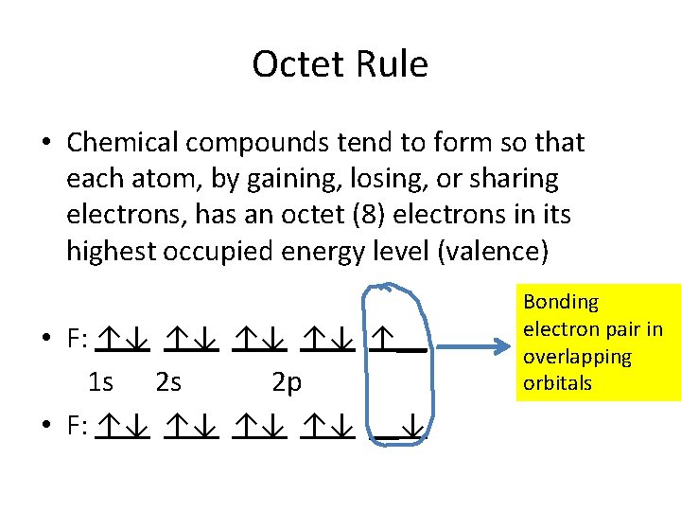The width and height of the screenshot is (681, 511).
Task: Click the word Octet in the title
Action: [297, 64]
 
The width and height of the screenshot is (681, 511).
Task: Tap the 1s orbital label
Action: [100, 382]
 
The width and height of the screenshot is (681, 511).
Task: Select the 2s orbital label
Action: [168, 382]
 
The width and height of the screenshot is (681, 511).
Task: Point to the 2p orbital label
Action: [287, 382]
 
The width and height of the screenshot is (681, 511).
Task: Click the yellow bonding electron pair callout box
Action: [598, 343]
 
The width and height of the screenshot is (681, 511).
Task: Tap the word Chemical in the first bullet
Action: [123, 143]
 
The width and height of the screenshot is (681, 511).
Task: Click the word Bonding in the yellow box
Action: [561, 302]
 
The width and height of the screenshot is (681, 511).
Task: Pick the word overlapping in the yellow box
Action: [577, 357]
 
